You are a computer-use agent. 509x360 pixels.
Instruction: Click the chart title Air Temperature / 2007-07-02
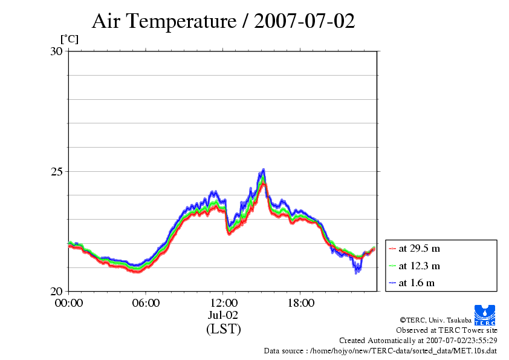(x=223, y=22)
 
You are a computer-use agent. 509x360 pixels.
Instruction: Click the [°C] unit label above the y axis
(x=69, y=39)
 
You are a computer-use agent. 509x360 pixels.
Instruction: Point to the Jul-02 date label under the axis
(x=223, y=315)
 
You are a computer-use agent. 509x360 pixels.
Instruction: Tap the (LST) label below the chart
(x=223, y=329)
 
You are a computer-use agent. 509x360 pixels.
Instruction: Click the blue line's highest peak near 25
(x=264, y=170)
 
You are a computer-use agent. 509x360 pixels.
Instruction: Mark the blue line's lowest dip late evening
(x=356, y=272)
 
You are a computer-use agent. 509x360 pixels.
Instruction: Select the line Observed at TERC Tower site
(x=447, y=330)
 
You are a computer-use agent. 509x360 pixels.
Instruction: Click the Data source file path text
(x=380, y=350)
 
